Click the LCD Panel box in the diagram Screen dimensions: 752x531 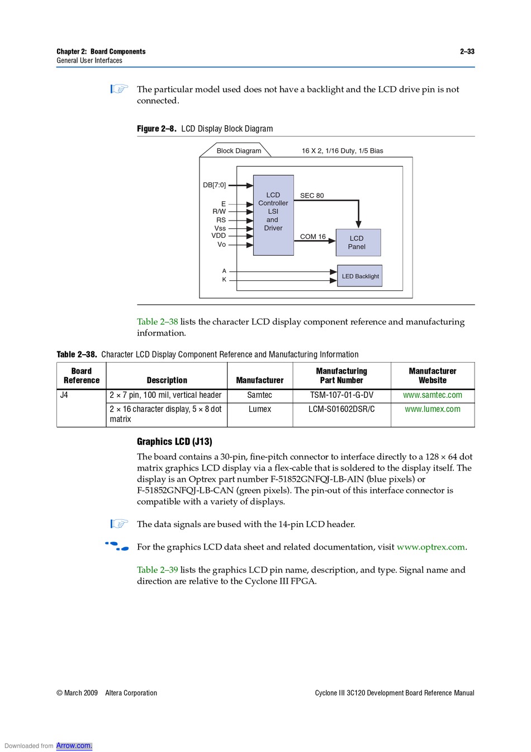[358, 242]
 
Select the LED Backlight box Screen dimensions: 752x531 [360, 276]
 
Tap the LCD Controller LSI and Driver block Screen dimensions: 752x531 [273, 215]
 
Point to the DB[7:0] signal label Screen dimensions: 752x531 [215, 185]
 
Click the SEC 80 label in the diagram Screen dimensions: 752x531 [312, 195]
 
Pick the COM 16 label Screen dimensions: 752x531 [312, 237]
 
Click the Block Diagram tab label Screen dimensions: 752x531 [239, 151]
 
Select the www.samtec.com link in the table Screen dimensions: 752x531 [433, 395]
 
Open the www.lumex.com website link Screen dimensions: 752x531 [433, 409]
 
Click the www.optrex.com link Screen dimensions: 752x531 [430, 547]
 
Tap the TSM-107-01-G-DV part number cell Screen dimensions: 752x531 [342, 395]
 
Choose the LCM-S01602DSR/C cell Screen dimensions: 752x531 [342, 409]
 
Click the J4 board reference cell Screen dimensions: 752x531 [64, 395]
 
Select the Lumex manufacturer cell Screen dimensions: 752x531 [260, 409]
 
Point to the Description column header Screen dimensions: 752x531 [167, 380]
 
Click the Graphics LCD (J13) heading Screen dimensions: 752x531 [174, 441]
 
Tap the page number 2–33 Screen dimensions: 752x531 [467, 51]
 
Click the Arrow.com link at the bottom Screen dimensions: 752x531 [74, 745]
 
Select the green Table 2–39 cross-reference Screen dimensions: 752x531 [158, 570]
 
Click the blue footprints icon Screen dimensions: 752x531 [117, 546]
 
